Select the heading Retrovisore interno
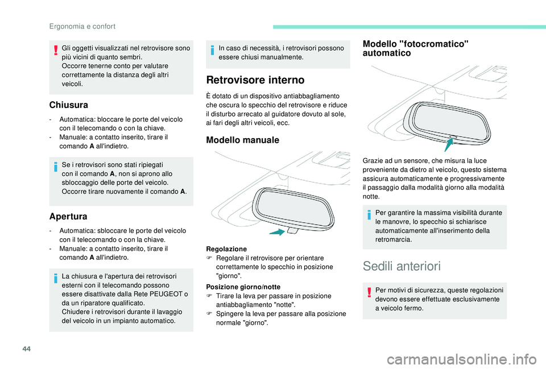tap(247, 80)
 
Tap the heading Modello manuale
tap(242, 140)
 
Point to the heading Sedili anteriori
tap(401, 266)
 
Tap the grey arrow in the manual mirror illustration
tap(277, 232)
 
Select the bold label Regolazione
tap(226, 249)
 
